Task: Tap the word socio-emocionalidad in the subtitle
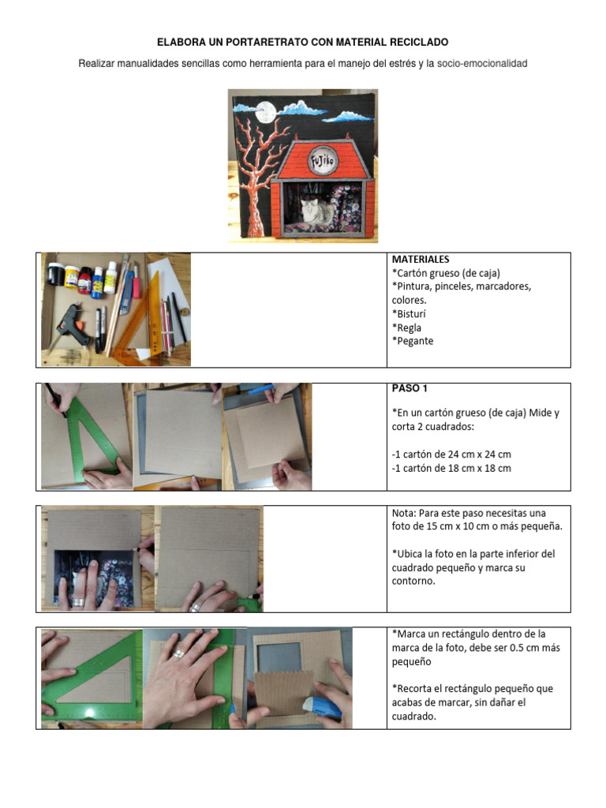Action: tap(482, 63)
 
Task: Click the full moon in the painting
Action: tap(265, 111)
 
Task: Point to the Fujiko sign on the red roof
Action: tap(323, 161)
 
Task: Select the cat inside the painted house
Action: tap(313, 211)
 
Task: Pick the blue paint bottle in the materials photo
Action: tap(97, 282)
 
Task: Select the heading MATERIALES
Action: tap(421, 259)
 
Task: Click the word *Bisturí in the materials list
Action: tap(409, 314)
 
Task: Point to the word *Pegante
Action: tap(412, 341)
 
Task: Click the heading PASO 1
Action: tap(410, 388)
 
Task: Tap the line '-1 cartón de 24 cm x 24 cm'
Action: tap(451, 454)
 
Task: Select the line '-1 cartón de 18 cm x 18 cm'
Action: tap(451, 469)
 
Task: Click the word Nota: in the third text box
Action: tap(404, 513)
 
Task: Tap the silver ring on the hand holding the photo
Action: tap(77, 600)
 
